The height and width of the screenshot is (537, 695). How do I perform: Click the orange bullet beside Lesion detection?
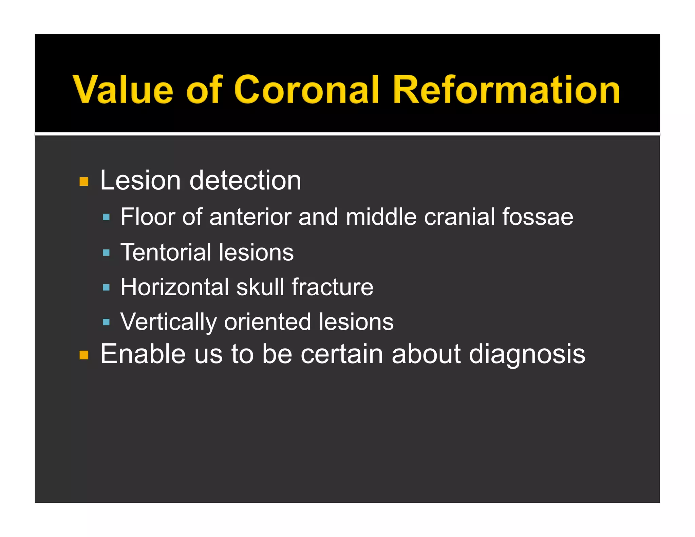click(84, 182)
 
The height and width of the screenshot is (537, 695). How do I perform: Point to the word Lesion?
click(140, 180)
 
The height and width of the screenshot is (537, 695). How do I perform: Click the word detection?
click(245, 180)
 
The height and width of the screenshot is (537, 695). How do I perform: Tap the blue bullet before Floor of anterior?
click(106, 217)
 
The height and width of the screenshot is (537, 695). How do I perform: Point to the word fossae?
click(538, 217)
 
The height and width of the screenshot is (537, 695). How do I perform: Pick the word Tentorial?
click(166, 252)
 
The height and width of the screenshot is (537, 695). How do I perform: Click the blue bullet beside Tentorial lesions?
click(106, 253)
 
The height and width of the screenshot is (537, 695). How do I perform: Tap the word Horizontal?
click(175, 287)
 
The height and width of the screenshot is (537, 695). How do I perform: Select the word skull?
click(260, 287)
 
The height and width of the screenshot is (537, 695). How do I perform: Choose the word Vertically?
click(168, 322)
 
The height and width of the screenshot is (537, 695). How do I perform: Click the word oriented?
click(267, 322)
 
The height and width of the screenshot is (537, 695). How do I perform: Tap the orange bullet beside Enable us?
click(84, 355)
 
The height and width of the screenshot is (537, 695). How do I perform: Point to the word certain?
click(342, 354)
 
